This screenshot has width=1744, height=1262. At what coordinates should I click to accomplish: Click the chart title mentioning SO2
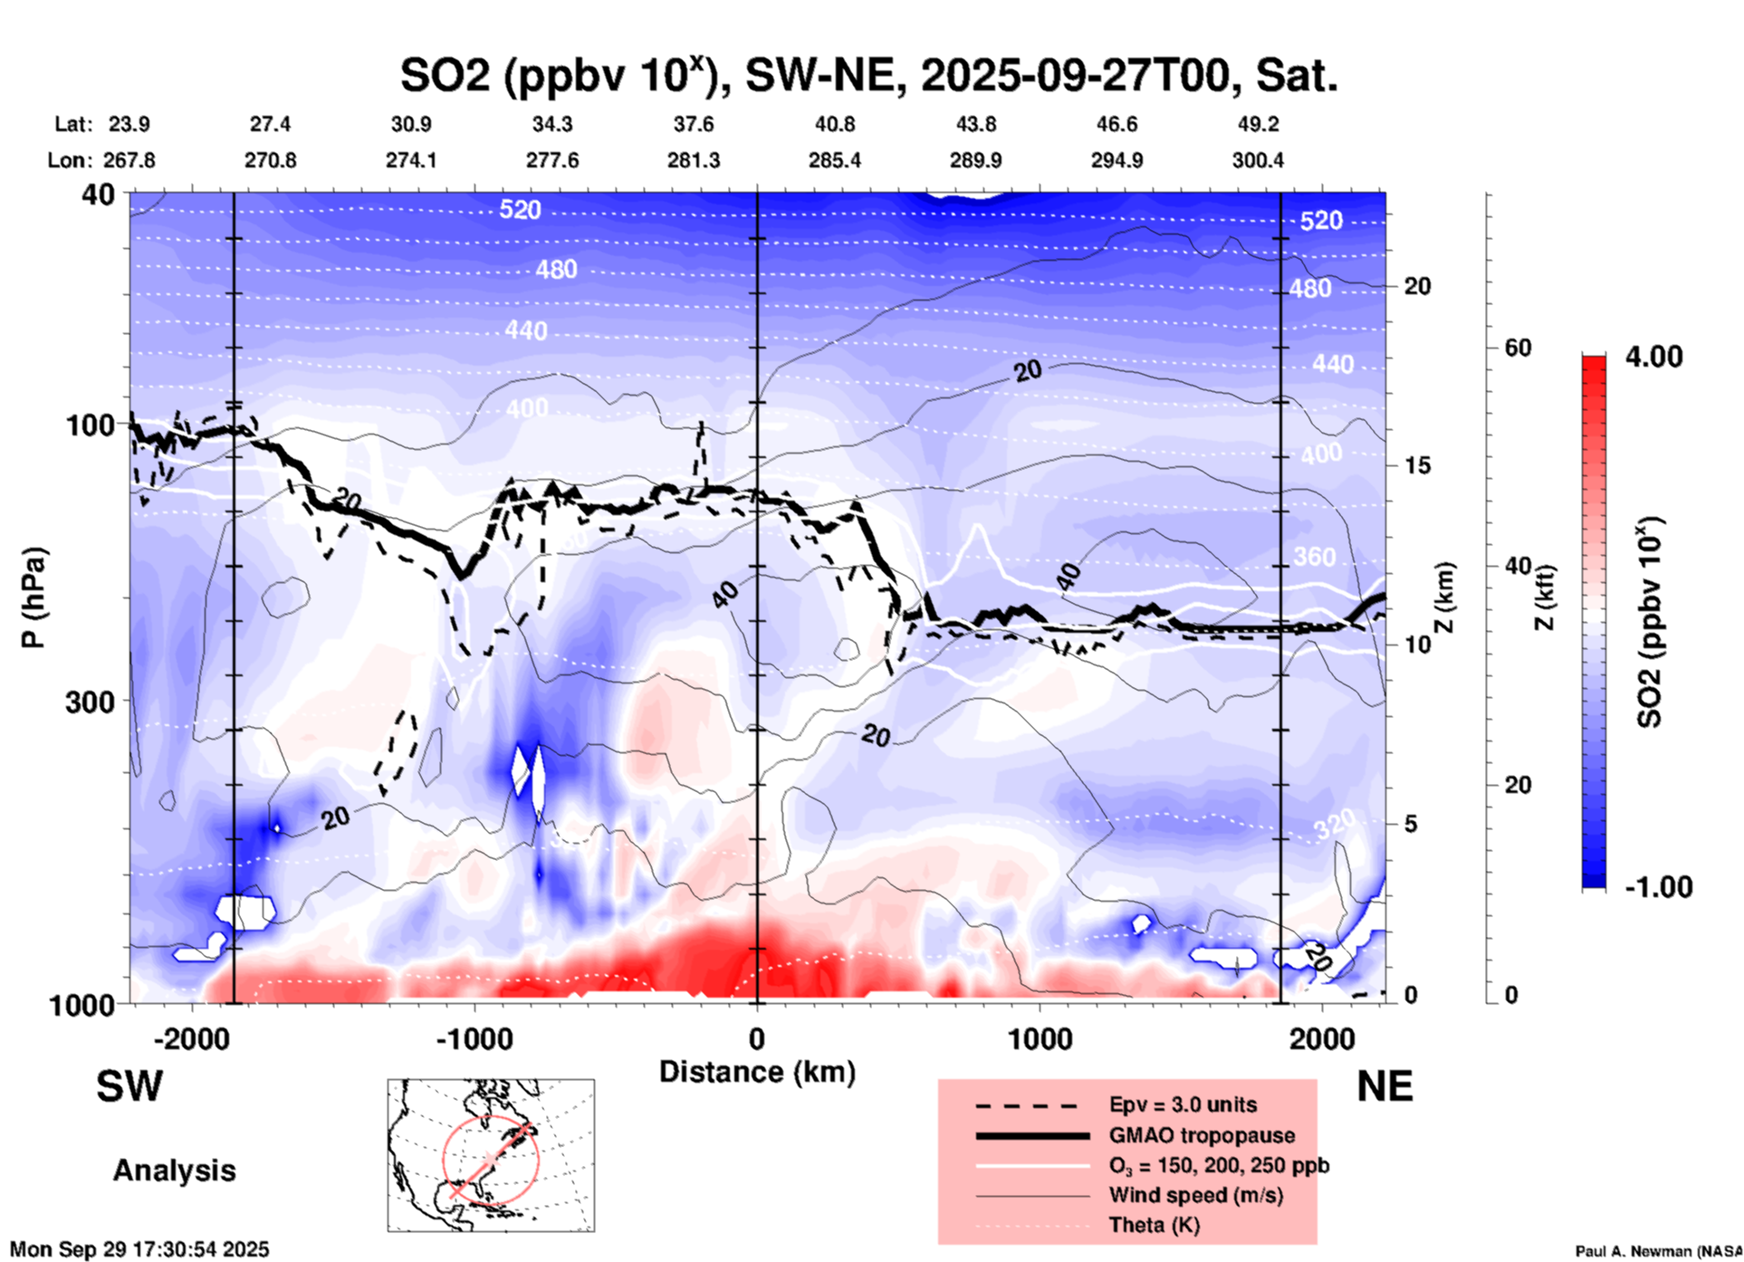point(868,76)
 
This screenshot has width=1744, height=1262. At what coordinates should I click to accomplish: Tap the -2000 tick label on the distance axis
point(192,1039)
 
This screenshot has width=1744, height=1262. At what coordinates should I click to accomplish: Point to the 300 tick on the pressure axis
point(90,701)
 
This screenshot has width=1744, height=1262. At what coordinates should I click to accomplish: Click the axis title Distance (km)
point(757,1072)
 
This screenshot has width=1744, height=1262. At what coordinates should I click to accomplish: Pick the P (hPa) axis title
point(34,598)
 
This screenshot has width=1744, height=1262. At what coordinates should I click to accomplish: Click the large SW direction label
point(129,1087)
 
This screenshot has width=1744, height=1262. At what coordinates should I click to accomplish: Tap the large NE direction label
point(1385,1087)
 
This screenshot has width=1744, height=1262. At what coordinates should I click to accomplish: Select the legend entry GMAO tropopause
point(1202,1135)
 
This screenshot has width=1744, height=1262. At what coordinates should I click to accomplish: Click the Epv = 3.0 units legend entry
point(1183,1105)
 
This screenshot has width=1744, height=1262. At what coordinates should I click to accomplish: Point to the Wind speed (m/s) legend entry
point(1195,1195)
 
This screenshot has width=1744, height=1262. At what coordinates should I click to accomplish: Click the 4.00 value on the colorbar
point(1653,357)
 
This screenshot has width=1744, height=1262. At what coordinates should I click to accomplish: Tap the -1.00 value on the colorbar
point(1658,887)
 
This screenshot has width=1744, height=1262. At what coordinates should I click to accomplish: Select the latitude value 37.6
point(694,124)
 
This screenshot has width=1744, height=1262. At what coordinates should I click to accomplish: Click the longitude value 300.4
point(1258,160)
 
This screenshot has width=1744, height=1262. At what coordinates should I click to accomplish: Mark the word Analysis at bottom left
point(174,1171)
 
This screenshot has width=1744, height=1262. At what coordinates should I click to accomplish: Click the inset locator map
point(491,1155)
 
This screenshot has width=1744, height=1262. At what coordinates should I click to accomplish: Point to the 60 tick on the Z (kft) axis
point(1518,348)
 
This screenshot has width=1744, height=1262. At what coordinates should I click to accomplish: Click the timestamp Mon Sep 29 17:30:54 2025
point(139,1249)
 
